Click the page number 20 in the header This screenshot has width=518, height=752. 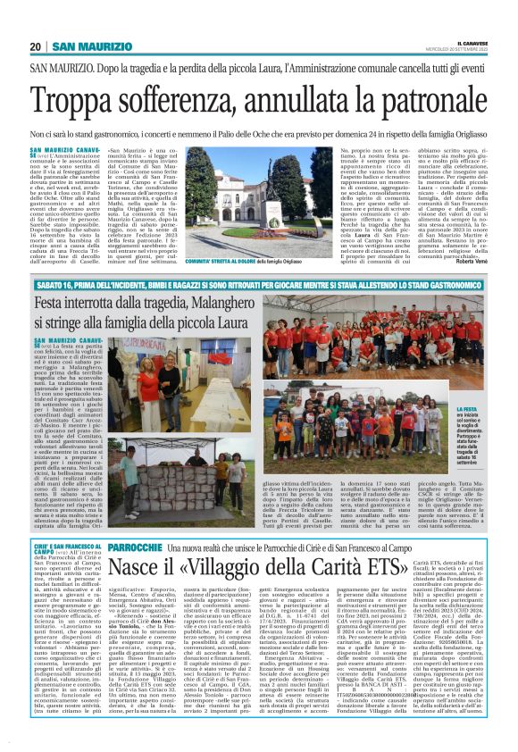pyautogui.click(x=36, y=46)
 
